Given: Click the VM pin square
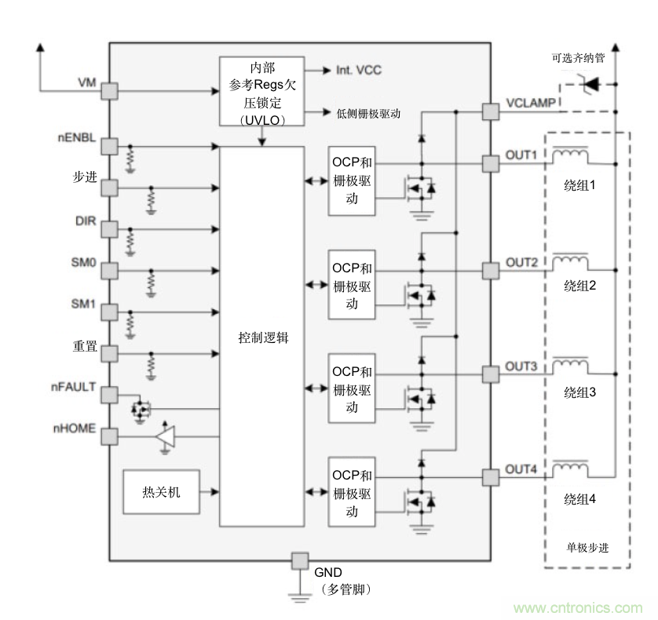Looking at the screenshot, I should [x=109, y=91].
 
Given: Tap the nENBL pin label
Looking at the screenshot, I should [x=76, y=139].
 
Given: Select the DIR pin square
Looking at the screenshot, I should [x=109, y=229].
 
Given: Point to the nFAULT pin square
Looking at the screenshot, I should [x=109, y=394].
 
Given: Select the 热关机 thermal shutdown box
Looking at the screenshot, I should [x=162, y=492].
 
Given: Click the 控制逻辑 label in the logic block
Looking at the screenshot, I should [x=263, y=337].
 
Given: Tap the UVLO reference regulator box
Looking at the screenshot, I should [x=262, y=92].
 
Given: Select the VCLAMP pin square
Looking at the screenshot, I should [x=490, y=111].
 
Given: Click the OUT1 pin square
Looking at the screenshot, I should [x=490, y=163].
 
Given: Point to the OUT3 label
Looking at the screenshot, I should [x=521, y=367].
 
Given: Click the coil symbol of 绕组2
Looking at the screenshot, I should [x=569, y=260].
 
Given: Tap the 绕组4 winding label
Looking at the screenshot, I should [x=580, y=498].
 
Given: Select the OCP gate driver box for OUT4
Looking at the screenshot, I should [x=352, y=493].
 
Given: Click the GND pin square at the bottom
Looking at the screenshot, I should [x=299, y=560].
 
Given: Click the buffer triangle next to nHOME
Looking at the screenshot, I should [x=165, y=437].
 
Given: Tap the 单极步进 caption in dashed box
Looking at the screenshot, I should [x=587, y=547].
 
